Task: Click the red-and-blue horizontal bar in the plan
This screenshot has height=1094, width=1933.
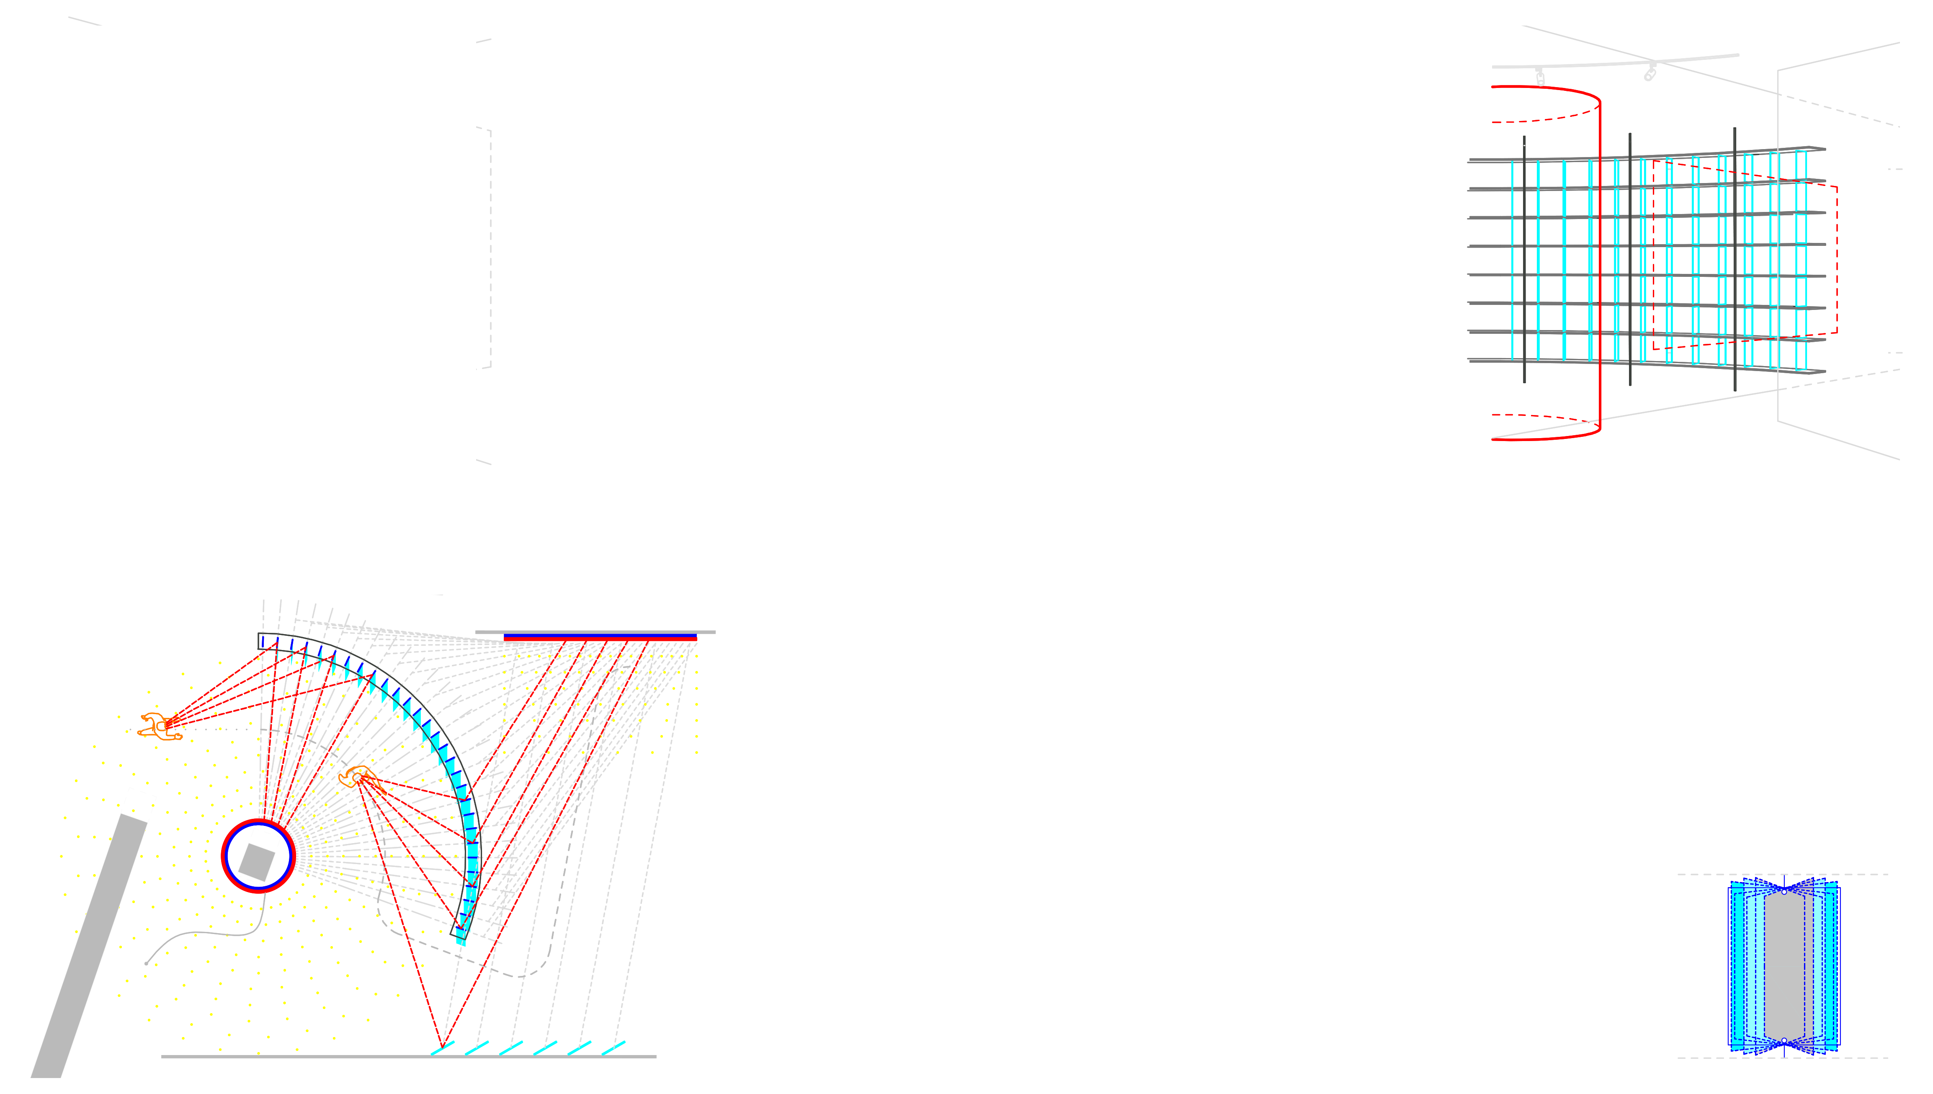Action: [600, 638]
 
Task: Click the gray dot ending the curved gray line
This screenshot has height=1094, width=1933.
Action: [147, 963]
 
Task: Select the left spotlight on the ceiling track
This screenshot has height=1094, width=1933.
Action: [1540, 77]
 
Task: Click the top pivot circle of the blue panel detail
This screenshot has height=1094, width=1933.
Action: [1784, 891]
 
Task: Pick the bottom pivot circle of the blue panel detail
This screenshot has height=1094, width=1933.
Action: [1784, 1041]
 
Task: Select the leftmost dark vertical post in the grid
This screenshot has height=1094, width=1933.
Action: [1524, 259]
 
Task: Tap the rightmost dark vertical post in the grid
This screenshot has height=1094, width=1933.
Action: [1735, 259]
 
